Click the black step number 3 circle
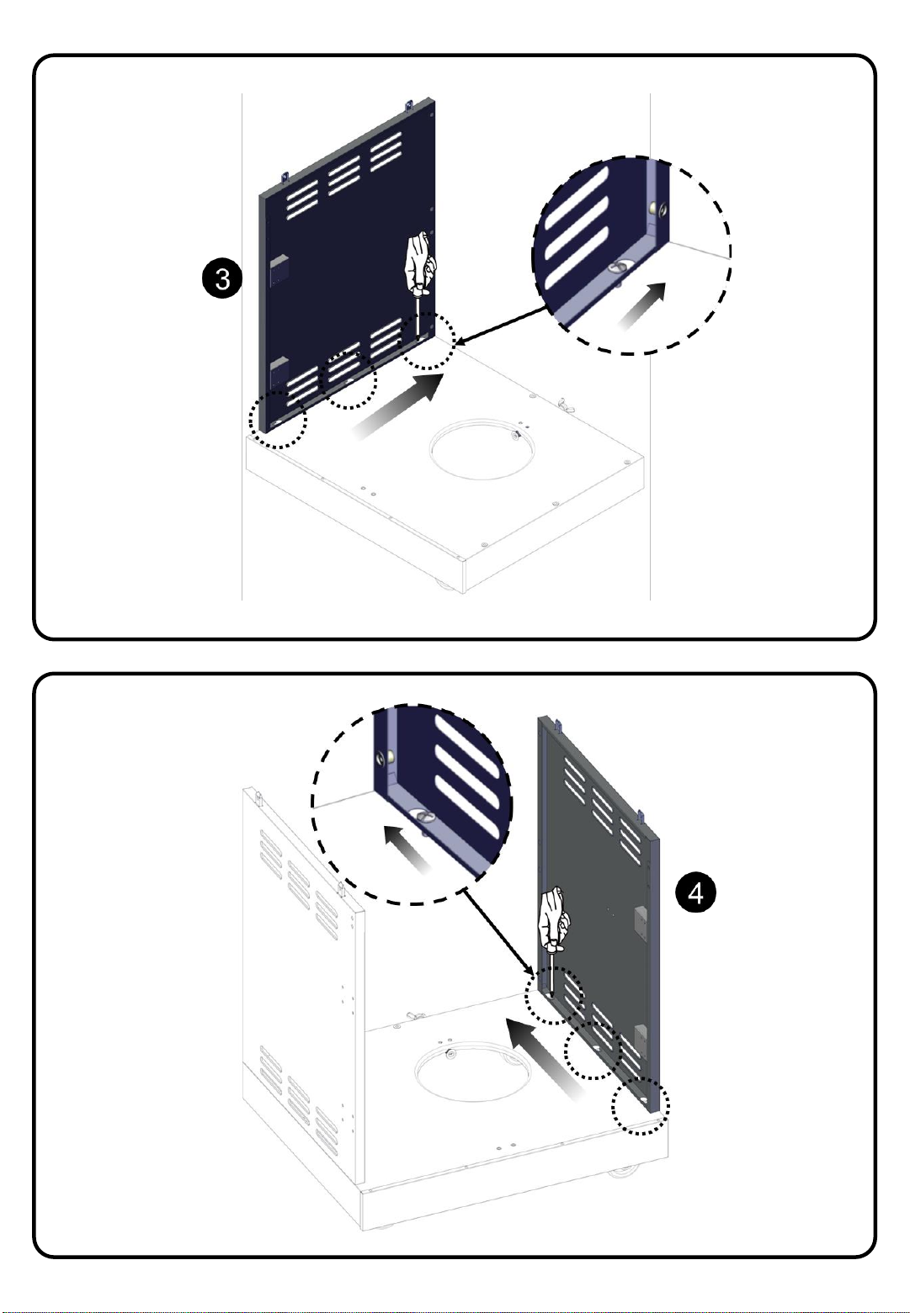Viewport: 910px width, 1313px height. (x=222, y=278)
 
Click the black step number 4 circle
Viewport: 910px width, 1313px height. (x=695, y=892)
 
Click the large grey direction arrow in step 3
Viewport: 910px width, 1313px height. (x=396, y=406)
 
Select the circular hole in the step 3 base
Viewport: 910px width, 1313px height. (x=482, y=449)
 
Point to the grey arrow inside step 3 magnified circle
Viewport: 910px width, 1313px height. (x=641, y=306)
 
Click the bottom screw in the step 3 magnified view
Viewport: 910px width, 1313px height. (x=617, y=267)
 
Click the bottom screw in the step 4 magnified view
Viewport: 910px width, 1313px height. (x=423, y=815)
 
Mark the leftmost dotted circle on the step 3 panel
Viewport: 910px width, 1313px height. (x=278, y=420)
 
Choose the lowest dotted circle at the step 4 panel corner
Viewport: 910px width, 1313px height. (x=640, y=1105)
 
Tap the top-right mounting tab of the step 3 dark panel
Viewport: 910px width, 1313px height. (x=409, y=105)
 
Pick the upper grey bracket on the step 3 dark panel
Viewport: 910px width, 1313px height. (x=279, y=270)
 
